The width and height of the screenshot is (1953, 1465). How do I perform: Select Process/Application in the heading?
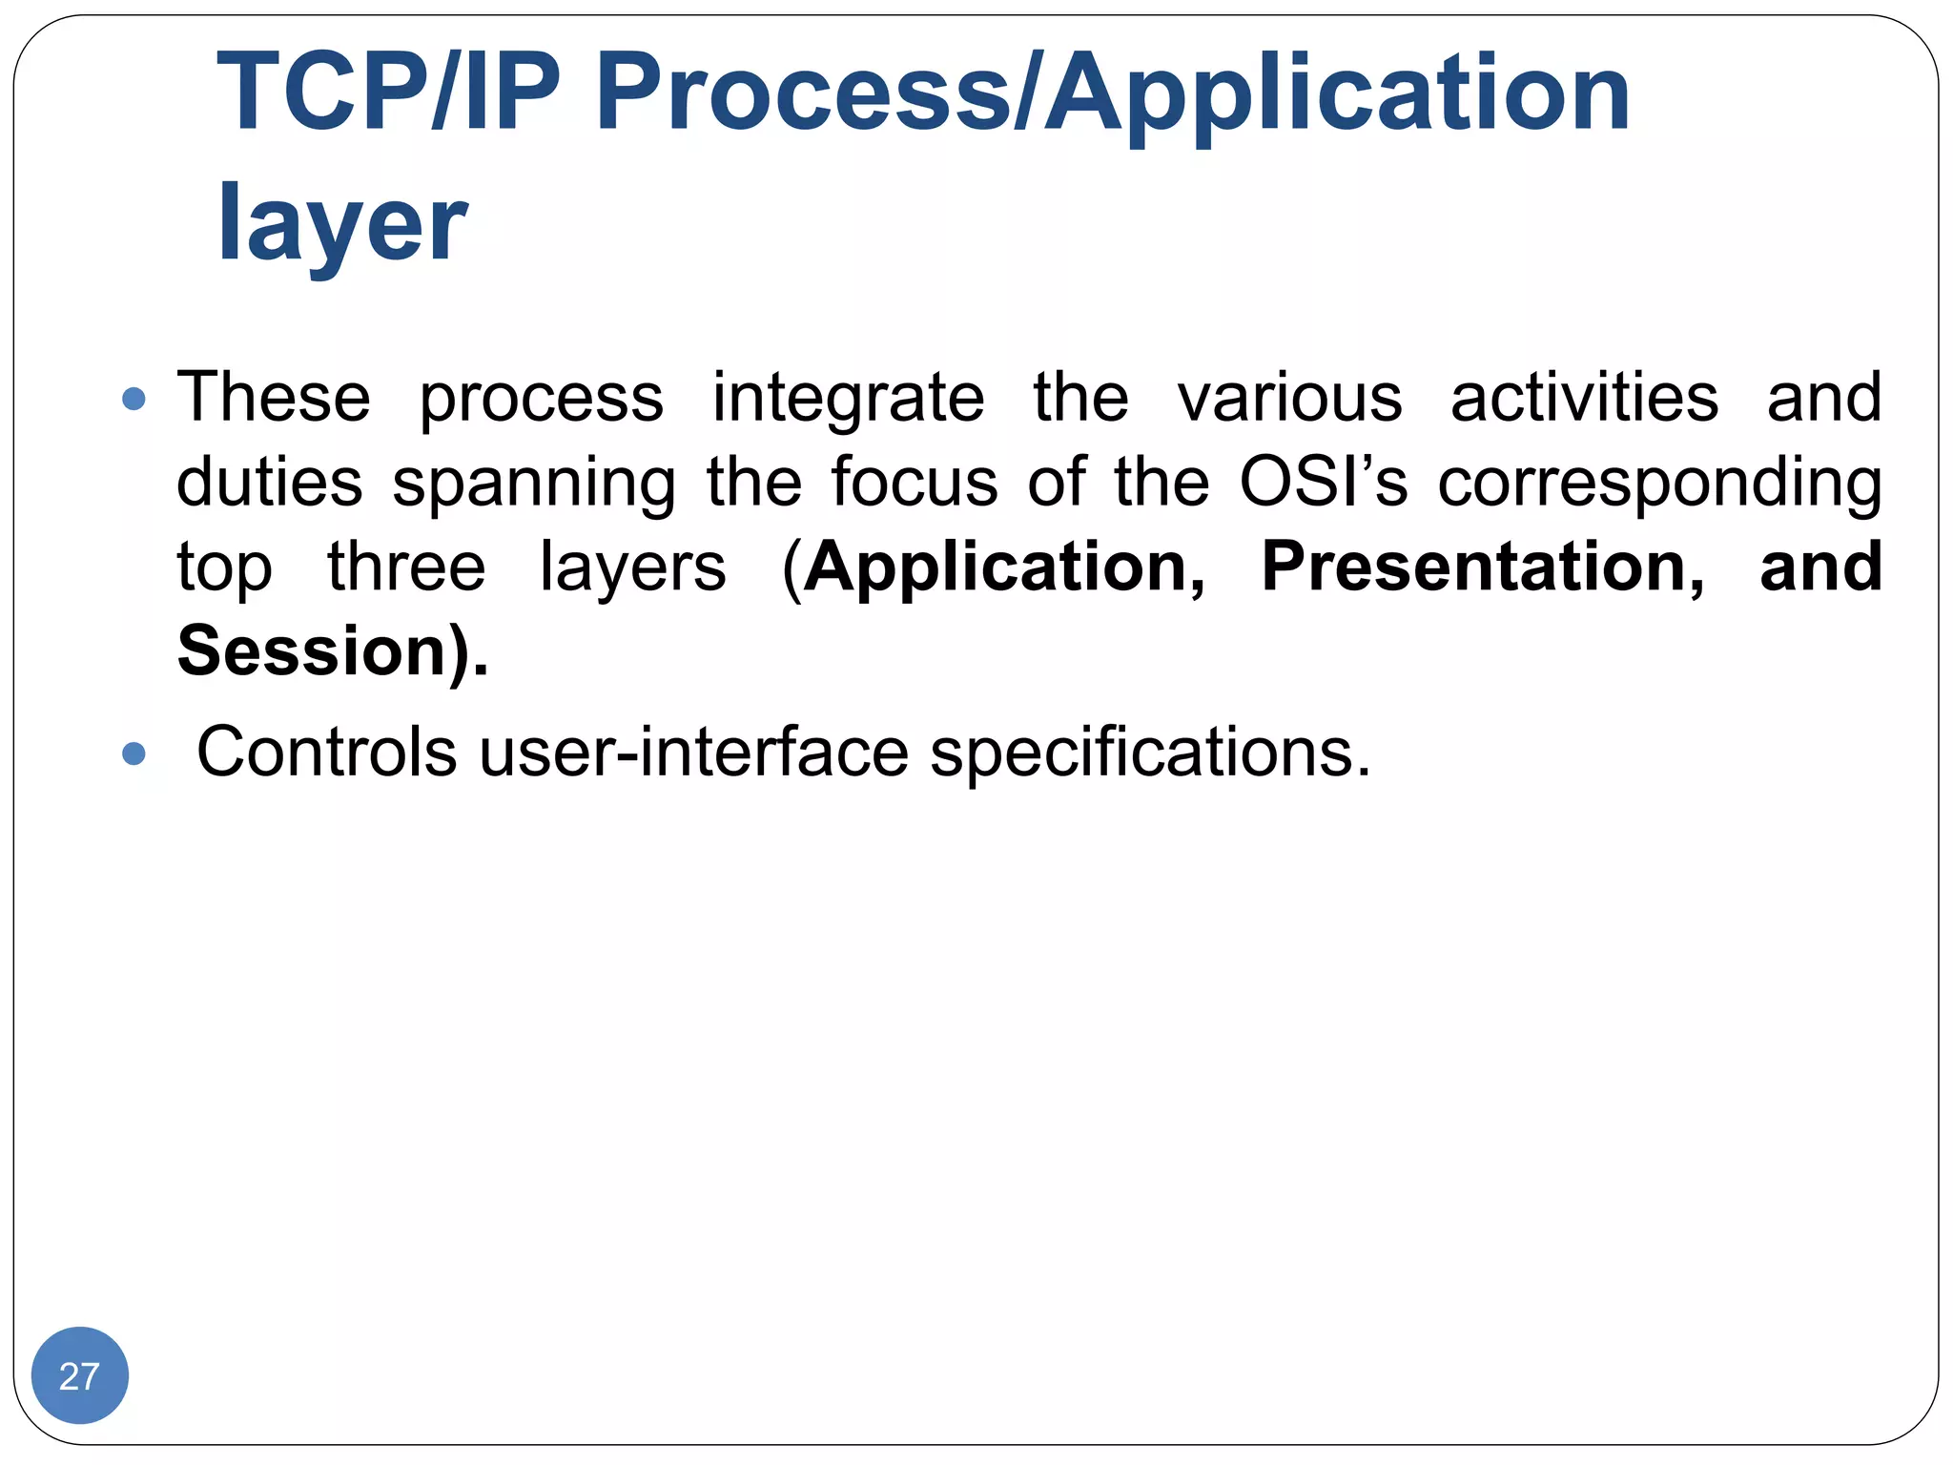[x=1112, y=93]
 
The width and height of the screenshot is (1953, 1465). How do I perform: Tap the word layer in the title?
[x=341, y=224]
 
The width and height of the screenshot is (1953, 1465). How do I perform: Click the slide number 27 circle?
[x=79, y=1375]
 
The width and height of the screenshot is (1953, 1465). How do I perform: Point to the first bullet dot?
[x=134, y=399]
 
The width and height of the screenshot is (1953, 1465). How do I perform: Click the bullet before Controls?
[x=134, y=754]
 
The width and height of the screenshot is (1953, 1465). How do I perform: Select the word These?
[x=274, y=397]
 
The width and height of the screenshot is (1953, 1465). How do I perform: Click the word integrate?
[x=848, y=399]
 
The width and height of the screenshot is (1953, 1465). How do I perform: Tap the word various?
[x=1289, y=397]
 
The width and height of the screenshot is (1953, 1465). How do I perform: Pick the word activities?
[x=1584, y=397]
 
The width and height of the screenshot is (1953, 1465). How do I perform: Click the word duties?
[x=270, y=481]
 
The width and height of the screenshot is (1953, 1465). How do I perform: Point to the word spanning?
[x=534, y=483]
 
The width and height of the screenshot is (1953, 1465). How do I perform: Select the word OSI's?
[x=1323, y=481]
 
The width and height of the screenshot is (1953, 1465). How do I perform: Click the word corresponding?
[x=1659, y=483]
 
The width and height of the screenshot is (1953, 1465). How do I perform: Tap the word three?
[x=406, y=567]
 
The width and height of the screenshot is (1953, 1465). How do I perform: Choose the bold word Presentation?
[x=1482, y=567]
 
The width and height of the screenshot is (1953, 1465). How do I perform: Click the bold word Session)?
[x=332, y=651]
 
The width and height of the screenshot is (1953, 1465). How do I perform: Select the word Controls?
[x=326, y=753]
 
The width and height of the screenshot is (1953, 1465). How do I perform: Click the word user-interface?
[x=693, y=753]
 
